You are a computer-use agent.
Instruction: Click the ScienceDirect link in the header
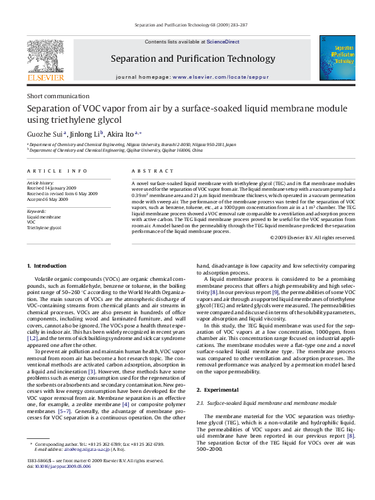coord(222,42)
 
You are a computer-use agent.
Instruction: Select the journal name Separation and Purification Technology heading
coord(184,59)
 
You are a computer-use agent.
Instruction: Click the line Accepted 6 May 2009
coord(49,200)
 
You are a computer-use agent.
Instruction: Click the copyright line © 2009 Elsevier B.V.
coord(313,237)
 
